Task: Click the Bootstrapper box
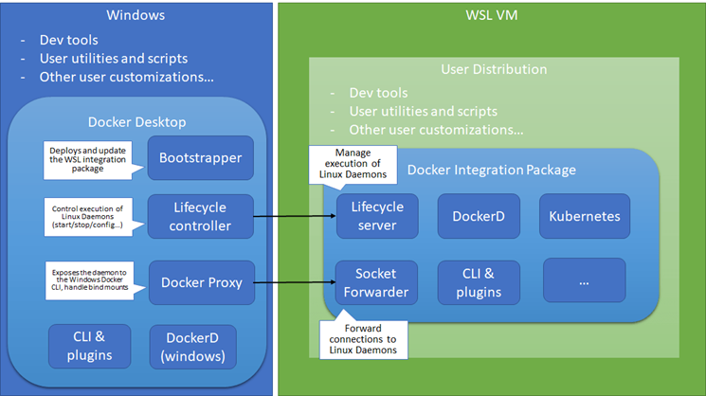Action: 200,157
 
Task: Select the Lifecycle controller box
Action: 200,216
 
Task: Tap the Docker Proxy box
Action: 200,282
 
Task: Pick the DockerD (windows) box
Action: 193,346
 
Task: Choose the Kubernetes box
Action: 584,216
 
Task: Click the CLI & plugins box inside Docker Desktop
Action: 92,346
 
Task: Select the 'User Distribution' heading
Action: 493,69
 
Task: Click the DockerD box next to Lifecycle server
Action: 479,216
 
